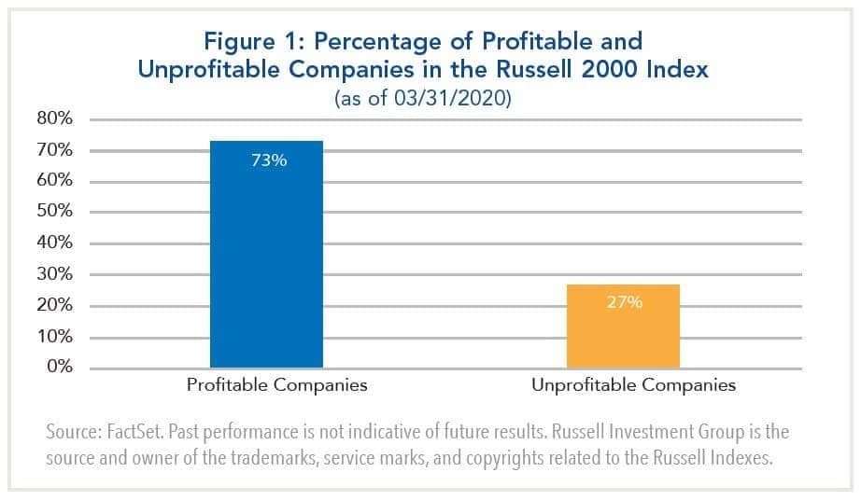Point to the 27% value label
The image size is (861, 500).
coord(624,302)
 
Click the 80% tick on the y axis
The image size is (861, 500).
coord(54,119)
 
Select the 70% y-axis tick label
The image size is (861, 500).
coord(54,150)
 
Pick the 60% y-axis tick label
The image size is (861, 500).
coord(54,181)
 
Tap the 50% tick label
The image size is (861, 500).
coord(54,212)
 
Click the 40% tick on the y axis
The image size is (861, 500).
coord(54,243)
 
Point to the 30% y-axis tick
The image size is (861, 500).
coord(54,274)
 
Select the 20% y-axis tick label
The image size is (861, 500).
coord(54,306)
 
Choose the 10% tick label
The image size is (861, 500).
coord(54,337)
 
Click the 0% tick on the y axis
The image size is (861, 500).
coord(59,367)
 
